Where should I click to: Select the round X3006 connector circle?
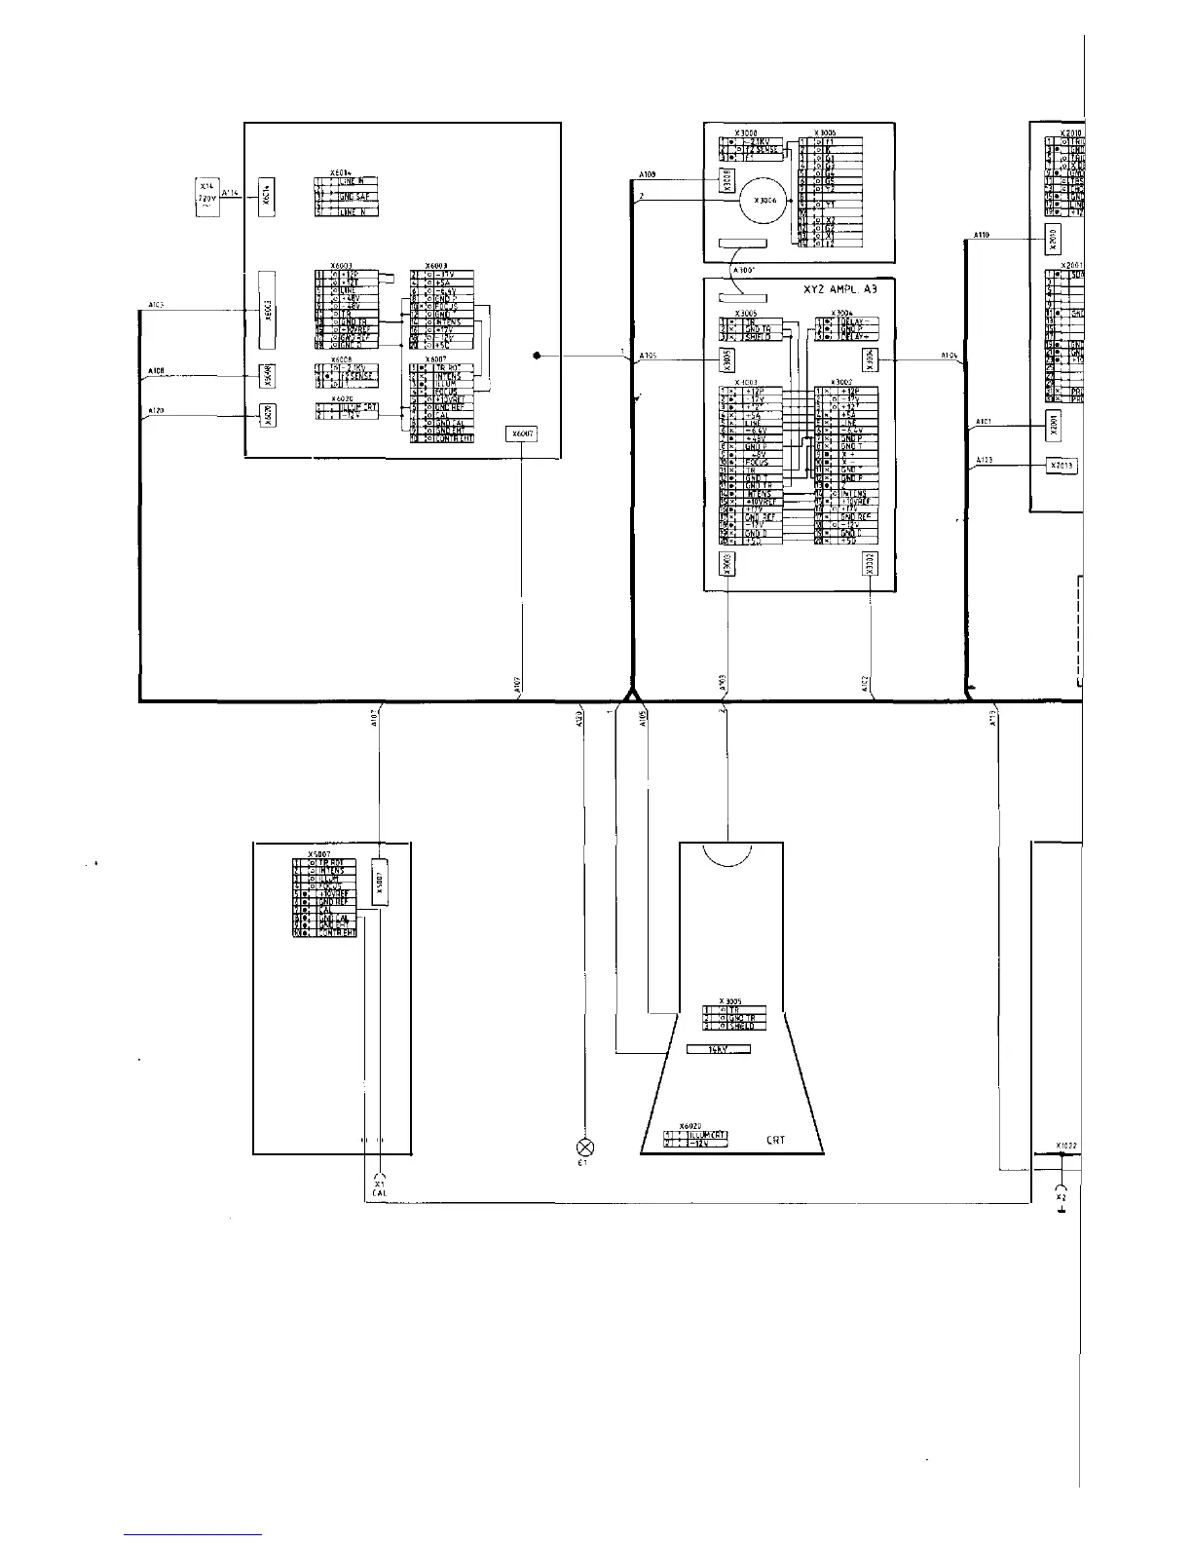[x=760, y=200]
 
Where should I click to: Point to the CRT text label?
[x=776, y=1140]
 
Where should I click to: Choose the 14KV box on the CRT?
[x=719, y=1049]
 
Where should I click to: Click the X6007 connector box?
[x=521, y=434]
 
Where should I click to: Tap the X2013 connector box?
[x=1062, y=466]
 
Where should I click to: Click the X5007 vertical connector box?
[x=381, y=883]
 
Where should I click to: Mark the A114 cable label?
[x=230, y=193]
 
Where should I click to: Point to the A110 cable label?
[x=982, y=235]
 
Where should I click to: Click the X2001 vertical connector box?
[x=1052, y=425]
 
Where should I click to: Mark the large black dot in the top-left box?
[x=537, y=356]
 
